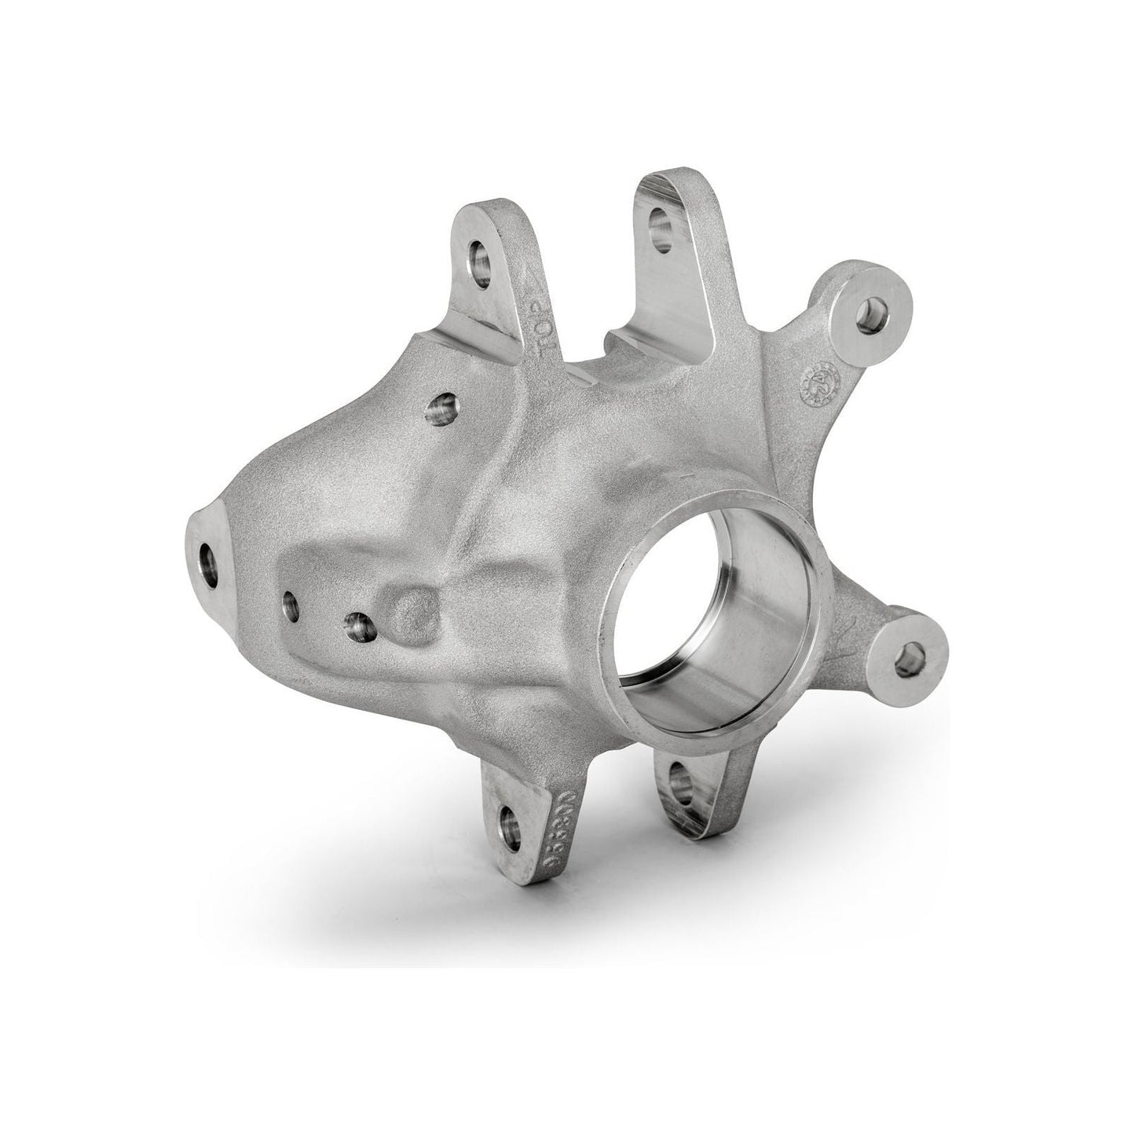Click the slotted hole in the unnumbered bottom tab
(x=680, y=785)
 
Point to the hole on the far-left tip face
(x=210, y=565)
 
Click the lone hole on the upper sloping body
(x=443, y=408)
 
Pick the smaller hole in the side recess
(x=291, y=604)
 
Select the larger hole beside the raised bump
(x=358, y=626)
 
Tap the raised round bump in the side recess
(x=414, y=615)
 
